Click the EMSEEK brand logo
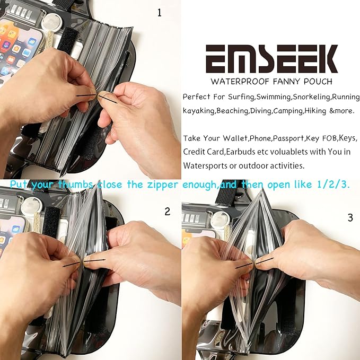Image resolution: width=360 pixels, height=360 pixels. tap(272, 59)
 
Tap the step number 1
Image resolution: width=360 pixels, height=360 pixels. tap(160, 13)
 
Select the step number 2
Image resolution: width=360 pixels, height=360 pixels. tap(168, 212)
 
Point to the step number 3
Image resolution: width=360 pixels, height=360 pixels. tap(350, 217)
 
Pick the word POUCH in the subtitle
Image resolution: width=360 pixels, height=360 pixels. tap(318, 82)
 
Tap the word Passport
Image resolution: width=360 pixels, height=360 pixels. tap(289, 138)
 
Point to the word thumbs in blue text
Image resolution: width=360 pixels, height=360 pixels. tap(75, 185)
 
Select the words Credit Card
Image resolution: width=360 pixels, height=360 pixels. tap(204, 152)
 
